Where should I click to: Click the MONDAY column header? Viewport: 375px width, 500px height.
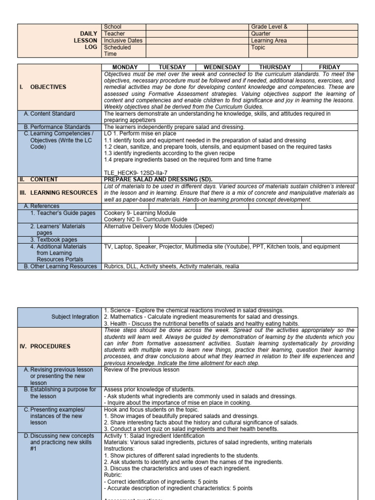(x=125, y=67)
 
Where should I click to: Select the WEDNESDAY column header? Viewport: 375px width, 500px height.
(x=222, y=67)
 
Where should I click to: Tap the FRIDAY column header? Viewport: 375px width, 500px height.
(x=330, y=67)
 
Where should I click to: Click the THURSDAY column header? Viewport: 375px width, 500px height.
(x=275, y=67)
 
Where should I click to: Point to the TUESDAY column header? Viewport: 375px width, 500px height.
(x=172, y=67)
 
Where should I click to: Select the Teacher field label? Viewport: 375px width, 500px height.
(x=115, y=34)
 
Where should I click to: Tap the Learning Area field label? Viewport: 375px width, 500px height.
(x=269, y=41)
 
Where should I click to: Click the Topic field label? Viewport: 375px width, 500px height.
(x=258, y=48)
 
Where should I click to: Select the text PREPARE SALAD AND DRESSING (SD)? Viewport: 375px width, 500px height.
(x=158, y=179)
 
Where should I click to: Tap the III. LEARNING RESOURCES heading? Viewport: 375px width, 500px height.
(x=59, y=193)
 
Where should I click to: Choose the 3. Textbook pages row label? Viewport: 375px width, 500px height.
(x=54, y=240)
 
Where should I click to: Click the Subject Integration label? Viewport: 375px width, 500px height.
(x=75, y=317)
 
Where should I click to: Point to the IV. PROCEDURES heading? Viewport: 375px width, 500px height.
(x=45, y=346)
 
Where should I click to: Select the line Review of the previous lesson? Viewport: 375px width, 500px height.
(x=142, y=370)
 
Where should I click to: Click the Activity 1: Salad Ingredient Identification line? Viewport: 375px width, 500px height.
(x=155, y=436)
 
